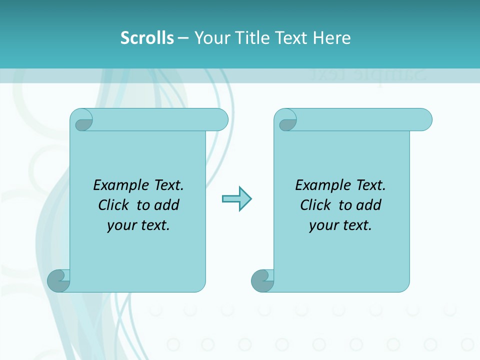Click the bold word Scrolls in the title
click(x=147, y=38)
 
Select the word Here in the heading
click(x=332, y=38)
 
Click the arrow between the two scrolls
click(x=236, y=199)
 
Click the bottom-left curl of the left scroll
click(x=59, y=280)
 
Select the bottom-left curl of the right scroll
click(x=262, y=280)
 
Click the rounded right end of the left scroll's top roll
click(x=220, y=119)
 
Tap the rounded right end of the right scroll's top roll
click(x=424, y=119)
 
